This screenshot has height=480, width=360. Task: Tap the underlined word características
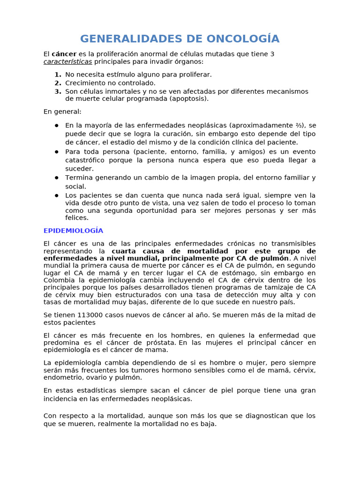point(68,61)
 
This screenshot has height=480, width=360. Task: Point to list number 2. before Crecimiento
point(58,83)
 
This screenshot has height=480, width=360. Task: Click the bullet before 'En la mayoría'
point(56,125)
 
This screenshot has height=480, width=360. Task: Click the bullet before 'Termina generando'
point(56,178)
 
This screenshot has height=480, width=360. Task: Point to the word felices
point(77,217)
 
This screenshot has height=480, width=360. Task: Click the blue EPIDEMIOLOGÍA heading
point(73,231)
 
